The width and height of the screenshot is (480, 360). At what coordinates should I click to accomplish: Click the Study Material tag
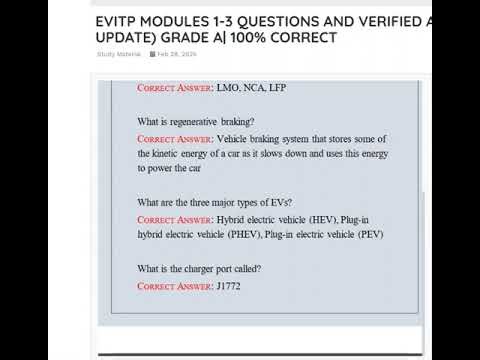pyautogui.click(x=117, y=54)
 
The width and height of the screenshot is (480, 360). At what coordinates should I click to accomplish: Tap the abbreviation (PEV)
pyautogui.click(x=368, y=234)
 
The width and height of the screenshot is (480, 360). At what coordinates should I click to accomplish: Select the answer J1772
pyautogui.click(x=229, y=286)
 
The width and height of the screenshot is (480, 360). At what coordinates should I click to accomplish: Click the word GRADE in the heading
pyautogui.click(x=178, y=37)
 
